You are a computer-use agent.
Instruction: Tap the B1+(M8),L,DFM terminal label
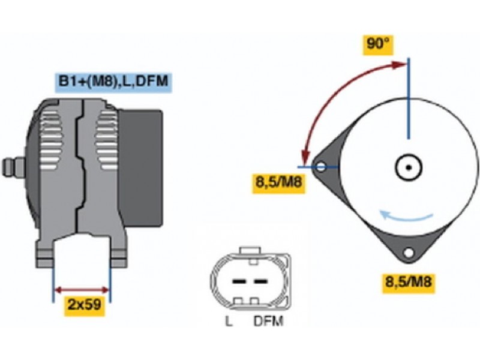[x=113, y=82]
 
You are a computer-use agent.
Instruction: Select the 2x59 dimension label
[x=84, y=305]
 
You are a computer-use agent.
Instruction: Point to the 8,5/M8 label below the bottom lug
[x=410, y=281]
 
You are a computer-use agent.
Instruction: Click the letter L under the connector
[x=229, y=322]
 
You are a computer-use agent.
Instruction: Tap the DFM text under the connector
[x=268, y=322]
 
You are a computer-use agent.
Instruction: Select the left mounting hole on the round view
[x=321, y=166]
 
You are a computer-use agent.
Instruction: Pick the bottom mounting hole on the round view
[x=409, y=253]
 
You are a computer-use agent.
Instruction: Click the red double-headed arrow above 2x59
[x=82, y=290]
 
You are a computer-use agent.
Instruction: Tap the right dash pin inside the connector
[x=260, y=281]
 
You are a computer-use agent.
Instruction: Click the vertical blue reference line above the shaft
[x=408, y=99]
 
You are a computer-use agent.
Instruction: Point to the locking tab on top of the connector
[x=250, y=251]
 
